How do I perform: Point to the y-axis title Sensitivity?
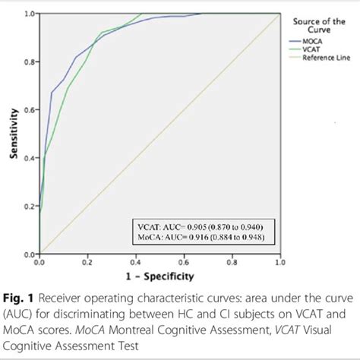[x=14, y=135]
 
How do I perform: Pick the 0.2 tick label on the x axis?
[x=87, y=262]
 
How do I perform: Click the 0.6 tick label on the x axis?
[x=183, y=262]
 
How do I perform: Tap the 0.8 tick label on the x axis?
[x=231, y=262]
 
